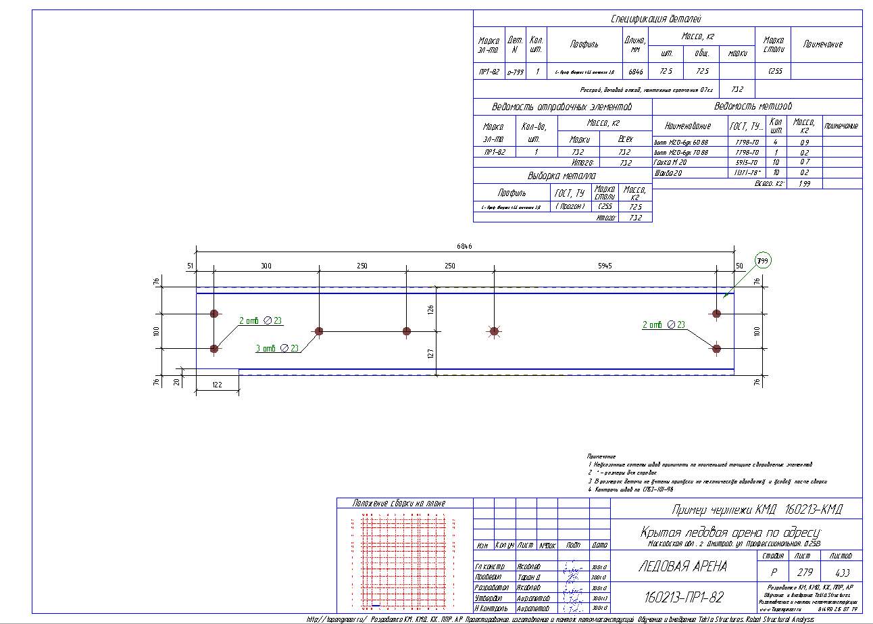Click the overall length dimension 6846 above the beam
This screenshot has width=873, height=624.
pyautogui.click(x=464, y=247)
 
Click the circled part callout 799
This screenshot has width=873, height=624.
pyautogui.click(x=763, y=261)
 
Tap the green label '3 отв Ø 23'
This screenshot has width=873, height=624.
pyautogui.click(x=278, y=348)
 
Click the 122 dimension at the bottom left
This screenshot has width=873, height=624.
pyautogui.click(x=217, y=384)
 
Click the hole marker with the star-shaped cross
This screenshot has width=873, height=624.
pyautogui.click(x=494, y=331)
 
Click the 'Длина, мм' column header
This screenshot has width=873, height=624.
pyautogui.click(x=634, y=45)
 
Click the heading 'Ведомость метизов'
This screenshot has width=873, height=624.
pyautogui.click(x=757, y=107)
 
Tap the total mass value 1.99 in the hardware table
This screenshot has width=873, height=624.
pyautogui.click(x=804, y=183)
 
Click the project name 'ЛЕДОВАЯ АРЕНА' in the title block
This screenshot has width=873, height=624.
pyautogui.click(x=682, y=567)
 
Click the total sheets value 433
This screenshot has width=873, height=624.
pyautogui.click(x=842, y=572)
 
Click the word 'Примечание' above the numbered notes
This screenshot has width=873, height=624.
pyautogui.click(x=601, y=456)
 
